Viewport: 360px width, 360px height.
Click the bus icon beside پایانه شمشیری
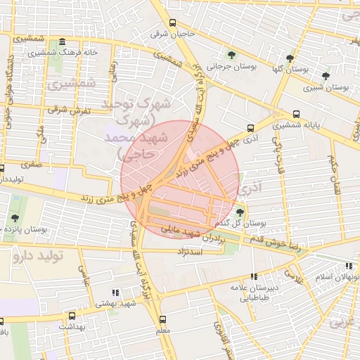[x=297, y=115]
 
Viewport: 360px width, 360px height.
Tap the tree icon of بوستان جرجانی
[x=232, y=55]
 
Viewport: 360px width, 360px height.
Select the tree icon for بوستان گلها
[x=290, y=58]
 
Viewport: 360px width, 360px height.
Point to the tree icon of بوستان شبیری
[x=325, y=76]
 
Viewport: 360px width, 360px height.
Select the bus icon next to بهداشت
[x=71, y=316]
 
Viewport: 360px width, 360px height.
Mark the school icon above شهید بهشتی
[x=115, y=292]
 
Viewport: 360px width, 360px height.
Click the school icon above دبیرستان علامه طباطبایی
[x=254, y=277]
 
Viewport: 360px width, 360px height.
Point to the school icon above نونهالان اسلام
[x=349, y=266]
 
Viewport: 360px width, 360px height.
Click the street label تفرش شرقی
[x=66, y=110]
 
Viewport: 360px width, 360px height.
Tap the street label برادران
[x=216, y=238]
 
